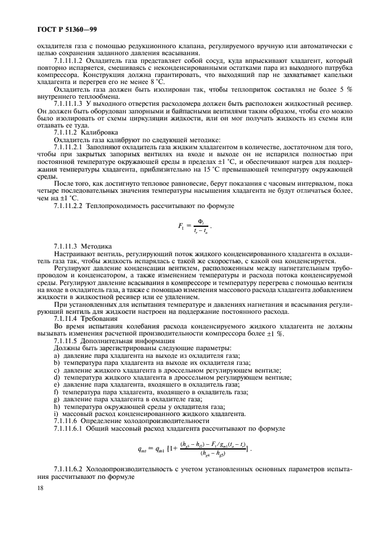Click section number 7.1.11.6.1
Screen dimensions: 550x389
coord(68,427)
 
